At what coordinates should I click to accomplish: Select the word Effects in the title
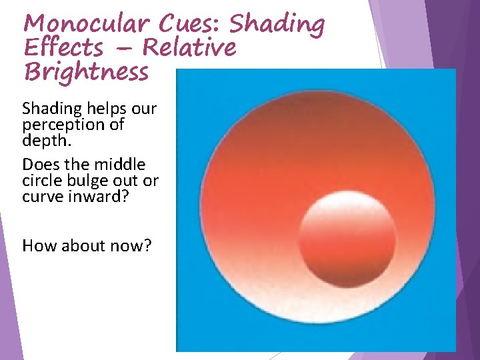(x=63, y=47)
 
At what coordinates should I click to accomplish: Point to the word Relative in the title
(x=189, y=47)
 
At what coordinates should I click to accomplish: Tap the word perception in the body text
(x=57, y=125)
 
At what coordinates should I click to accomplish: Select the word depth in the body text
(x=43, y=141)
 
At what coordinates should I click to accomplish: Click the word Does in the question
(x=39, y=164)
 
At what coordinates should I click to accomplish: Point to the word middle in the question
(x=121, y=164)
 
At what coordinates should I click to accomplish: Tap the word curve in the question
(x=41, y=197)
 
